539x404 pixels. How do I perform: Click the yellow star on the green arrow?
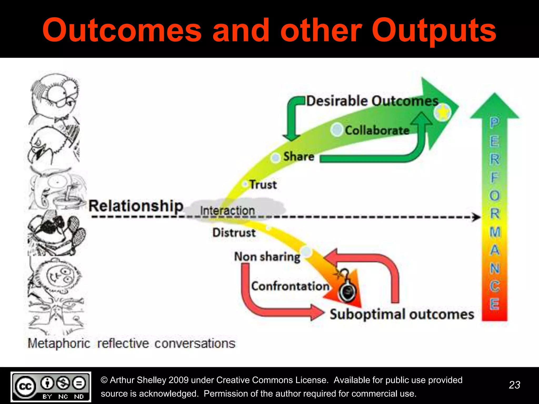(443, 112)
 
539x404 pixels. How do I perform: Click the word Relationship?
(136, 206)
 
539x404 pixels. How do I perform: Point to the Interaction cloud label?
(227, 210)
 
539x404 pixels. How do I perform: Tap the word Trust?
(263, 185)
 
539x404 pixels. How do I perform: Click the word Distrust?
(234, 233)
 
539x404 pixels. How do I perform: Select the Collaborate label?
(377, 130)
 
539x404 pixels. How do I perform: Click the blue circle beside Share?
(276, 158)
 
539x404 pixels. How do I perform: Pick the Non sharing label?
(267, 257)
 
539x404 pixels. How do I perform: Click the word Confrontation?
(290, 286)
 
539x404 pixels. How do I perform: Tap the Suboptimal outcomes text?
(402, 314)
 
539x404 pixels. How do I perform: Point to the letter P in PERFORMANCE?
(494, 123)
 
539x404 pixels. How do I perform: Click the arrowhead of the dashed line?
(476, 217)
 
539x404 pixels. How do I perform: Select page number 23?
(514, 385)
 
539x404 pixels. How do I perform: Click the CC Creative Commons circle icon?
(26, 386)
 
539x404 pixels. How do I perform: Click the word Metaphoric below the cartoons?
(59, 344)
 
